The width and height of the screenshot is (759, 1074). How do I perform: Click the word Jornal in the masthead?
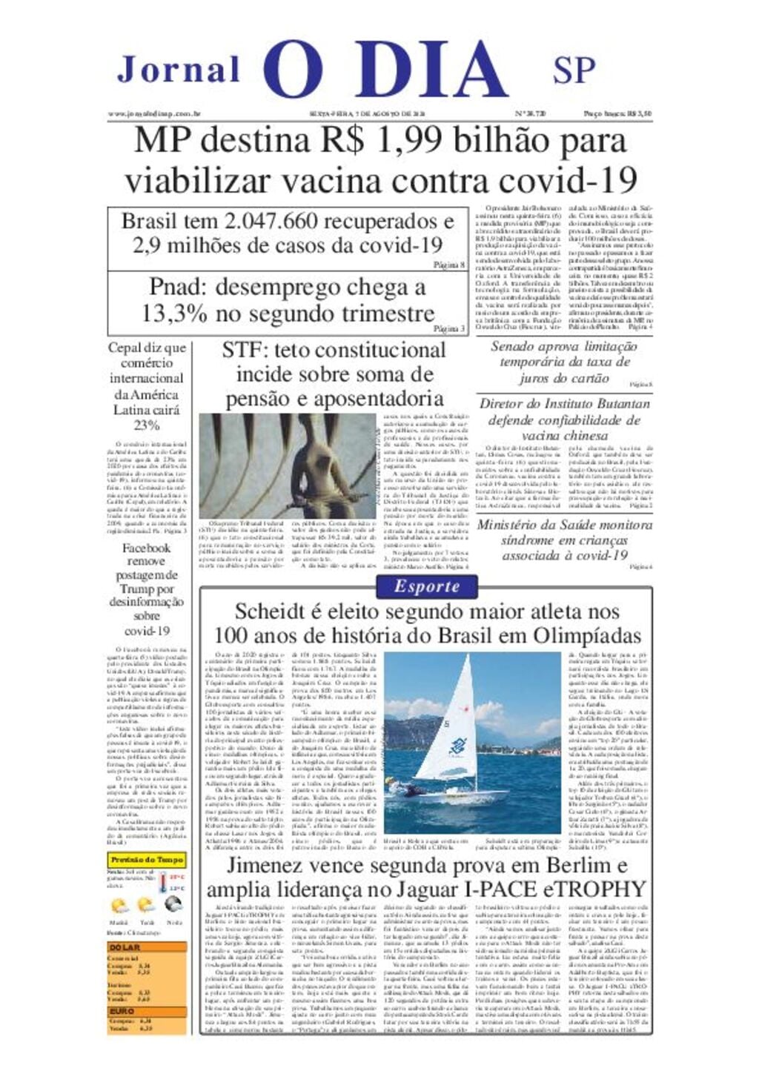[x=179, y=70]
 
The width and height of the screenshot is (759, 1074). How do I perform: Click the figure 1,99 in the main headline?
[x=405, y=141]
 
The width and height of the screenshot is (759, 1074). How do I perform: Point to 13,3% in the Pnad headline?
[x=174, y=314]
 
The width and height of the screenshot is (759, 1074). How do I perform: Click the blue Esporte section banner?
[x=426, y=586]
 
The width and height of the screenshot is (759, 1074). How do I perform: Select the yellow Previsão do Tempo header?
[x=146, y=860]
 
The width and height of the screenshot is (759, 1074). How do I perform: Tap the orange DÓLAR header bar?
[x=146, y=947]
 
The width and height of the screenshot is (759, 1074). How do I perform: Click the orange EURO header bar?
[x=146, y=1010]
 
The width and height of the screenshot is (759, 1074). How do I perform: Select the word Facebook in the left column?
[x=146, y=548]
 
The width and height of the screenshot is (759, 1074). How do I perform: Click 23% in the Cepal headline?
[x=146, y=425]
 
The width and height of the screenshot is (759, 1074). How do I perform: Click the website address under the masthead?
[x=155, y=113]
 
